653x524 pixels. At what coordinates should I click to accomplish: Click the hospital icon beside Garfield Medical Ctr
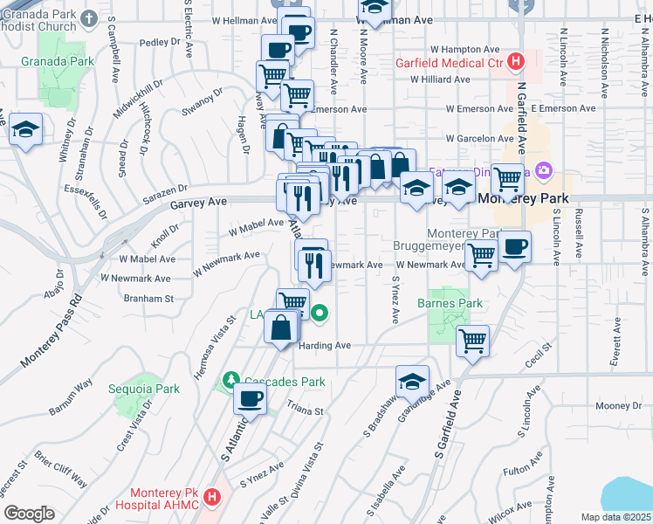click(x=516, y=62)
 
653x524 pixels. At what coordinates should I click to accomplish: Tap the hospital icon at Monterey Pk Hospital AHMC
click(x=210, y=498)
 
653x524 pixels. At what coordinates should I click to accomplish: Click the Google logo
click(x=29, y=514)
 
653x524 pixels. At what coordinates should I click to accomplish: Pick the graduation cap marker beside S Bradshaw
click(x=412, y=382)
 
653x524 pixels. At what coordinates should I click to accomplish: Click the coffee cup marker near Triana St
click(x=250, y=398)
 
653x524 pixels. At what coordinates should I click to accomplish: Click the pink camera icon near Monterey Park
click(x=544, y=169)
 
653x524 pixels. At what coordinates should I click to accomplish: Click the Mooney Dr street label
click(x=618, y=406)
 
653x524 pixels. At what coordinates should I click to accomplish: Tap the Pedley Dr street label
click(x=158, y=41)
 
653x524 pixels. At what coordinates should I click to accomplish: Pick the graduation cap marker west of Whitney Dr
click(x=26, y=131)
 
